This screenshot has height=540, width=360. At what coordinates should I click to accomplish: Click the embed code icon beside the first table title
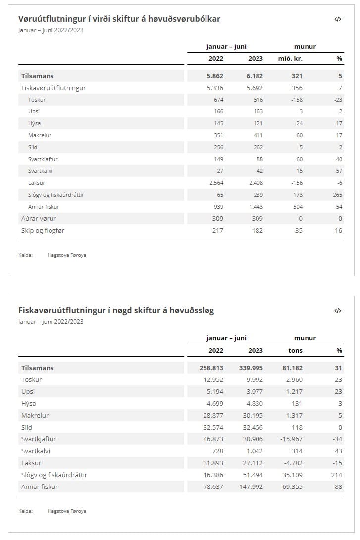(x=338, y=19)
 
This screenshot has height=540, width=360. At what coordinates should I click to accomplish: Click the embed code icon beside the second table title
(x=338, y=311)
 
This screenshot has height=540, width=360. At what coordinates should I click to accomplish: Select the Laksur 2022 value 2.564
(x=215, y=183)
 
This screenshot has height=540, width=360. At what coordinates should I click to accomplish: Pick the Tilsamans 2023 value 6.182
(x=255, y=76)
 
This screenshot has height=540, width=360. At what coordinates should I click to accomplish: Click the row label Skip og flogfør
(x=43, y=230)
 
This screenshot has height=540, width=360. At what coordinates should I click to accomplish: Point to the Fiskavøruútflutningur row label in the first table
(x=53, y=88)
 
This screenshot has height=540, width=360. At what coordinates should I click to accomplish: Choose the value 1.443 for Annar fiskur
(x=255, y=207)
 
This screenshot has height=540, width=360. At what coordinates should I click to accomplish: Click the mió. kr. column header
(x=290, y=58)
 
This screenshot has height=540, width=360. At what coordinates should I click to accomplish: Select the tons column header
(x=295, y=350)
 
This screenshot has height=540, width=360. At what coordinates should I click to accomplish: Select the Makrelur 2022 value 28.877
(x=212, y=416)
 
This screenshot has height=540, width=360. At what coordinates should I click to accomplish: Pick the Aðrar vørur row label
(x=39, y=218)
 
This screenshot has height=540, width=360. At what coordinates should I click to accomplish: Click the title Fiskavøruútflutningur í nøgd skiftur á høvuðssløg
(x=116, y=311)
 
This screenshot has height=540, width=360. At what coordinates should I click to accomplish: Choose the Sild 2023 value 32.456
(x=252, y=428)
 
